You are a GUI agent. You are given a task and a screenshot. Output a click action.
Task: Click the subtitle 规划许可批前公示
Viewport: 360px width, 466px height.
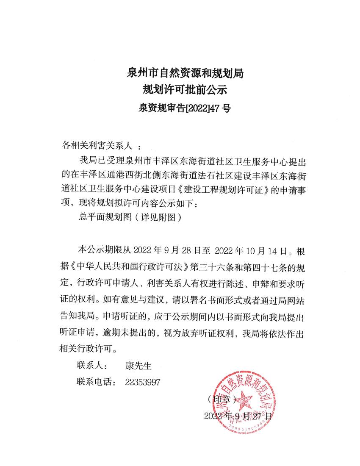point(185,90)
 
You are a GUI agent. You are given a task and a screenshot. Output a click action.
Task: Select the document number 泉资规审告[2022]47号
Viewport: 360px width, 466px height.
point(185,108)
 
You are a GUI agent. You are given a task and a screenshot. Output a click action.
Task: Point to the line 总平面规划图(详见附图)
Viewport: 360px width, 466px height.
point(130,217)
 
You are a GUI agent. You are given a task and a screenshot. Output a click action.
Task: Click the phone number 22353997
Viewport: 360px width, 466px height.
point(143,382)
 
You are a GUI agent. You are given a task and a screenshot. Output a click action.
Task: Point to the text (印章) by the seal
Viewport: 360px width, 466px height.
point(223,399)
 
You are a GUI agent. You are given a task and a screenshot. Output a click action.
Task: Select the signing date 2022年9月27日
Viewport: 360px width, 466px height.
point(238,416)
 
